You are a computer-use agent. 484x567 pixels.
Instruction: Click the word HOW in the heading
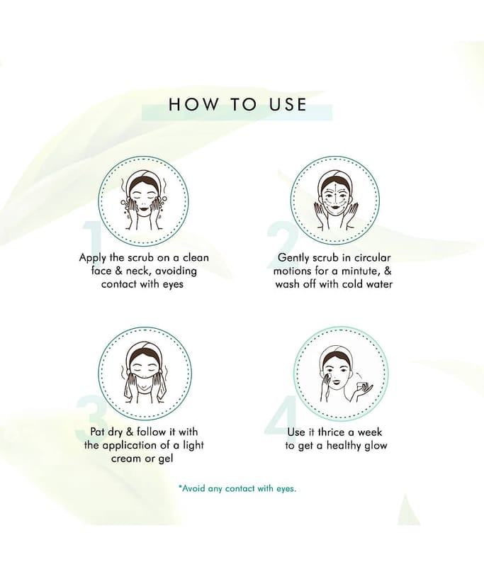(x=193, y=104)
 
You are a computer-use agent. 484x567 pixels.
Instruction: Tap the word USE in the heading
(x=288, y=104)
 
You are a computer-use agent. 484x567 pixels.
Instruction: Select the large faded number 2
(x=282, y=237)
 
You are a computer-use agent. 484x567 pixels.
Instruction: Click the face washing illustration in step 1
(x=143, y=203)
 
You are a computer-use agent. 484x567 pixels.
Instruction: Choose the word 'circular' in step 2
(x=372, y=258)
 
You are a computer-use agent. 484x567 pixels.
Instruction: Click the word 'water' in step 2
(x=378, y=284)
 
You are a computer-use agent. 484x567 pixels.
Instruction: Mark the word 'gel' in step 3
(x=166, y=459)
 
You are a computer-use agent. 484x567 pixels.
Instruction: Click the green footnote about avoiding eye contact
(x=237, y=488)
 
